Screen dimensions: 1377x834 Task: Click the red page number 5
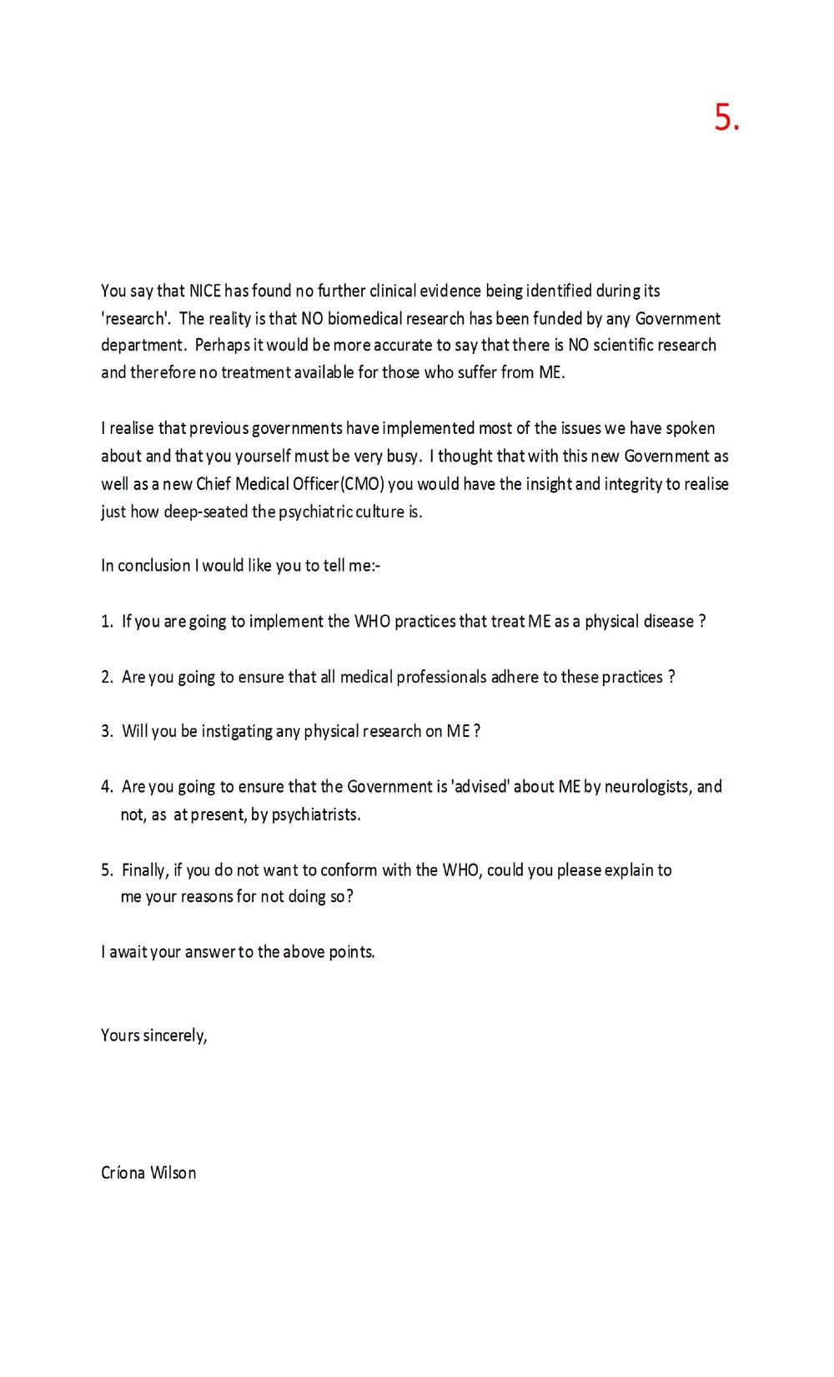[x=726, y=118]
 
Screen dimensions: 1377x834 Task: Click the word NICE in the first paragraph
[x=205, y=290]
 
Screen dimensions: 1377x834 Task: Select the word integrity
[x=631, y=484]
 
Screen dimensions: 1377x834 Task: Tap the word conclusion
[x=154, y=566]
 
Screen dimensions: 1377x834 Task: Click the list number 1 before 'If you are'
[x=107, y=622]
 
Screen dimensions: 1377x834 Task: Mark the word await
[x=128, y=952]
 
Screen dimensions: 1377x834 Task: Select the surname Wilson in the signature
[x=173, y=1173]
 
